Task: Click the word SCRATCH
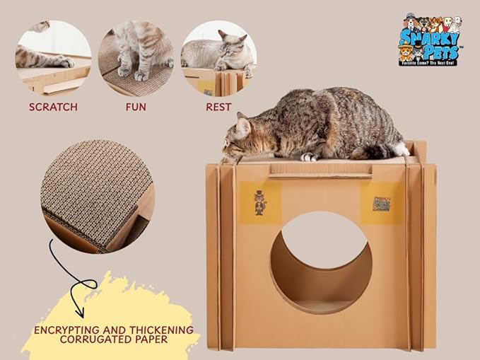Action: click(x=53, y=108)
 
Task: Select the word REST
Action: click(x=218, y=108)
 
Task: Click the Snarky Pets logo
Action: click(x=429, y=39)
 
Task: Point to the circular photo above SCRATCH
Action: click(x=53, y=58)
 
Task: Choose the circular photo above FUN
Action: click(x=136, y=58)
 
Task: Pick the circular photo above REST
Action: click(x=218, y=58)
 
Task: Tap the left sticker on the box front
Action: click(x=259, y=201)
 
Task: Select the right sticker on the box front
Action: click(x=382, y=201)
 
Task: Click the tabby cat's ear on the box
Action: click(x=242, y=125)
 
